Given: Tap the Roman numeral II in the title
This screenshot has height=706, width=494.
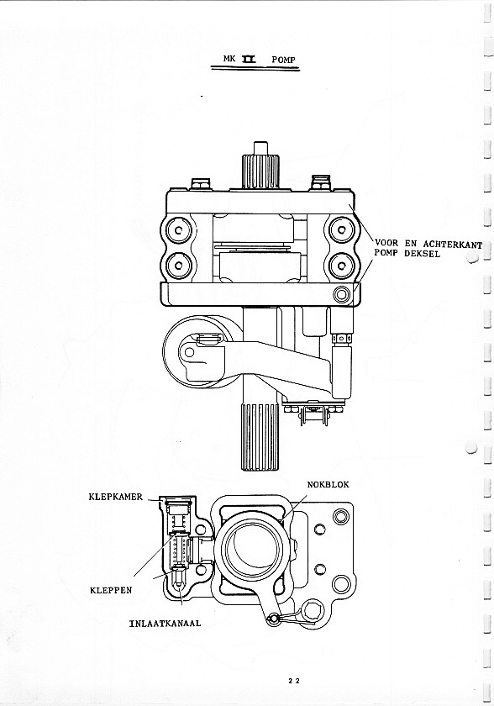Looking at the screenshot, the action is [248, 59].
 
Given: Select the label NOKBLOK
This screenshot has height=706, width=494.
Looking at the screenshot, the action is [328, 484].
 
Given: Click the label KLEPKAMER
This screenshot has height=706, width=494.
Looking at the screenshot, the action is [115, 497].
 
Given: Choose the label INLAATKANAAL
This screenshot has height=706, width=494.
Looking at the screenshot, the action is [165, 624].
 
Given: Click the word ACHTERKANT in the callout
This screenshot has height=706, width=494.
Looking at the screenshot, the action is [453, 245].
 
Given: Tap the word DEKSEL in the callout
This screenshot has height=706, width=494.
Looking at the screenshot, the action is [422, 254].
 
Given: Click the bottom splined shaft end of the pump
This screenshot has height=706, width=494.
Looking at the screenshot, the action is [260, 437].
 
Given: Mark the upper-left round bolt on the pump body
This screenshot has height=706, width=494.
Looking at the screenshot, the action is [179, 231].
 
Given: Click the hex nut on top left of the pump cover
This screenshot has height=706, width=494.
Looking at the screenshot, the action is [201, 184].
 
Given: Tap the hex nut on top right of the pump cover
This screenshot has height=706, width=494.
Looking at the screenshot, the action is [321, 183].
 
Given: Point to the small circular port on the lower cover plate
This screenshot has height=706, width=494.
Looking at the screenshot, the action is [341, 294].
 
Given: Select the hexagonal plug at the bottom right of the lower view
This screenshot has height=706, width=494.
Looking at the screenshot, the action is [312, 612].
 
